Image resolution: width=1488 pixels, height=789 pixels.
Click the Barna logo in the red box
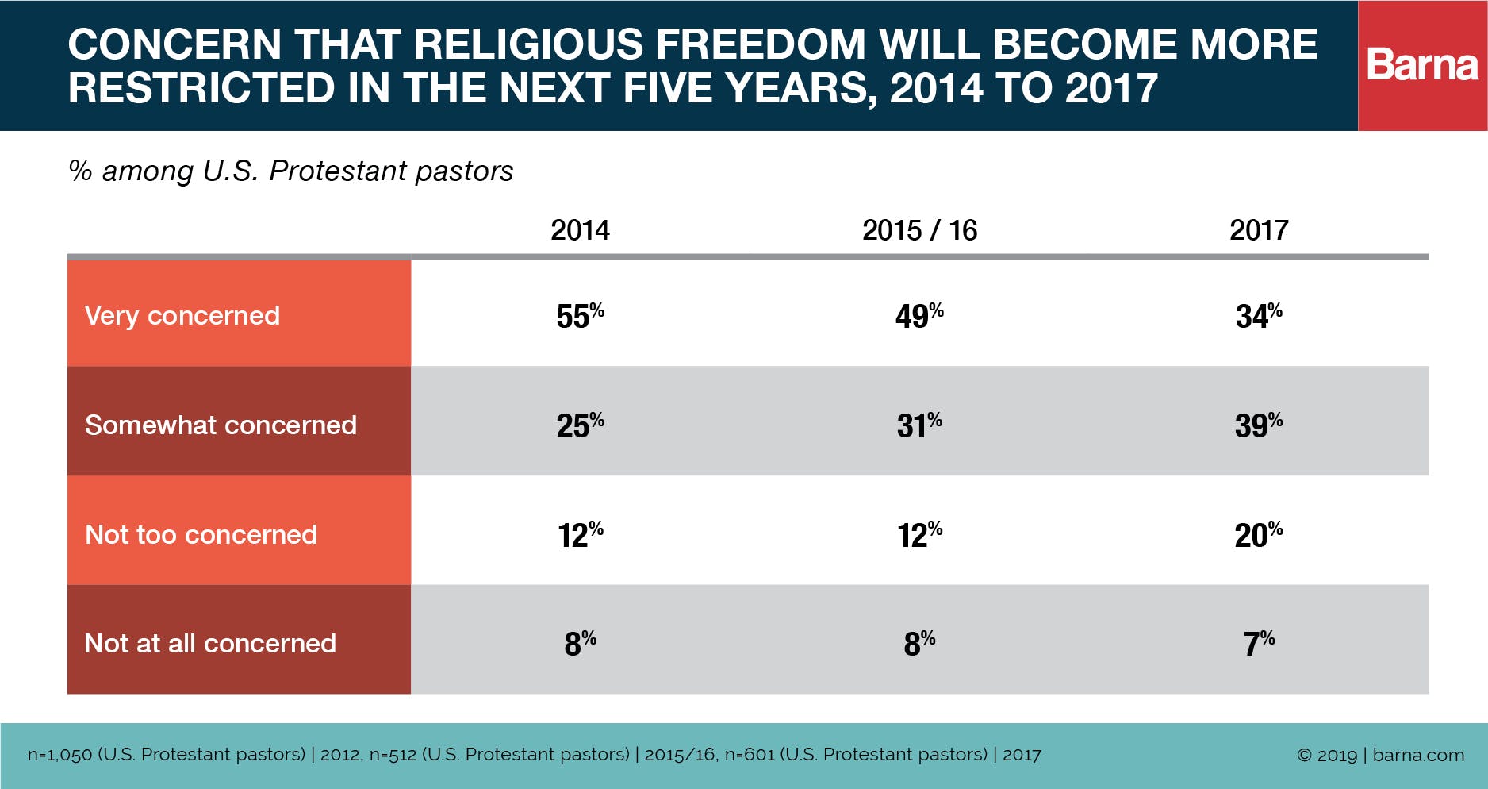coord(1422,65)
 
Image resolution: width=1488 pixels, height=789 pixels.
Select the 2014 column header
coord(580,230)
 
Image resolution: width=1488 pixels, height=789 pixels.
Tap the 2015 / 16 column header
coord(919,230)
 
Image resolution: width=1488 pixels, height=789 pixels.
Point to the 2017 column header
coord(1259,230)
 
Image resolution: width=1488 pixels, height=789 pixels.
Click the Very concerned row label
coord(182,316)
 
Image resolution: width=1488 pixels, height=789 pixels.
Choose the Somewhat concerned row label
coord(221,425)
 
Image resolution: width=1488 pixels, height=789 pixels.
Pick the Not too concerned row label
coord(201,535)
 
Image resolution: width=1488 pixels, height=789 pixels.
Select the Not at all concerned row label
coord(210,644)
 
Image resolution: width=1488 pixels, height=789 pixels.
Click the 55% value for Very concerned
coord(580,316)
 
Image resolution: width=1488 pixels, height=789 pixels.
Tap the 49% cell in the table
coord(919,316)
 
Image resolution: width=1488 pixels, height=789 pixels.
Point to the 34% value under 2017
coord(1259,316)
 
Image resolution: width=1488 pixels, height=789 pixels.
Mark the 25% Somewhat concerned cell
coord(580,425)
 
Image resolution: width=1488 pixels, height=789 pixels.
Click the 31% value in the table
coord(919,425)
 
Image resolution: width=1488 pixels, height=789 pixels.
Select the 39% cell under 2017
coord(1259,425)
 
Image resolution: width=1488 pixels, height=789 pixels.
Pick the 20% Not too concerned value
coord(1259,535)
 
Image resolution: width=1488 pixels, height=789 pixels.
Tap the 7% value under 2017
coord(1259,643)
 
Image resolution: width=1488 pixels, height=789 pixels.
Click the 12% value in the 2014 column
coord(580,535)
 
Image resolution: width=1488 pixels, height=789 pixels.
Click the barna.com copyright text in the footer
coord(1380,755)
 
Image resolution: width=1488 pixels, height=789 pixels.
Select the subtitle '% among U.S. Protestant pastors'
coord(291,171)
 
